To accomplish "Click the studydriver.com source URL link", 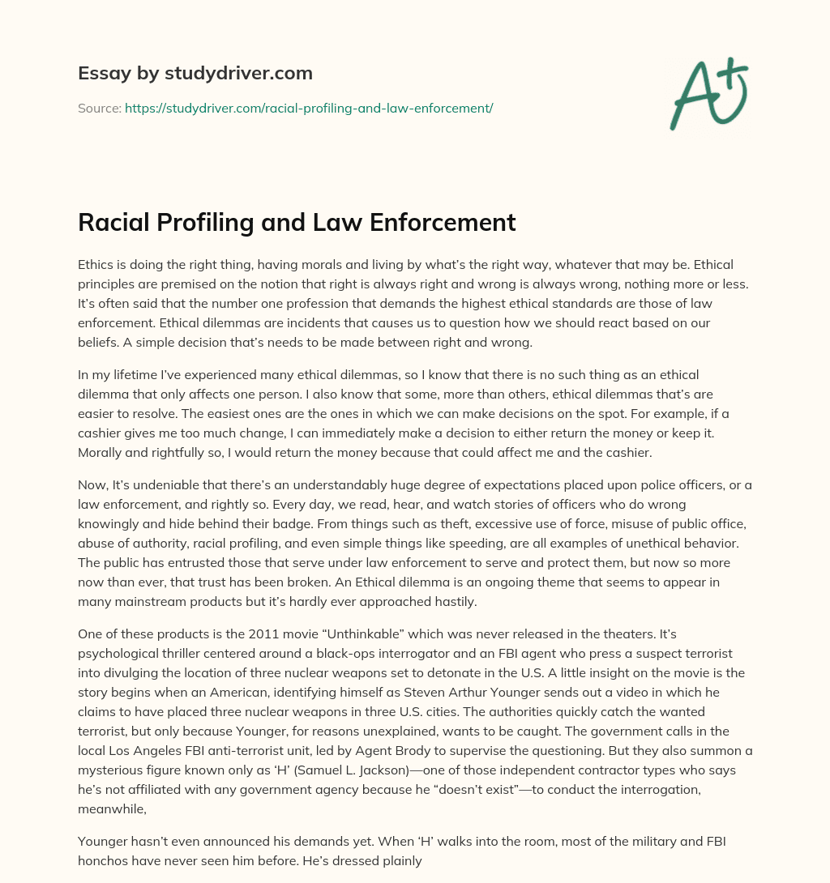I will click(x=309, y=108).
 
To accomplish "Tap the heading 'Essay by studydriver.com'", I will click(x=195, y=73).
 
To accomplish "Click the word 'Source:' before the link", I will click(x=99, y=108).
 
